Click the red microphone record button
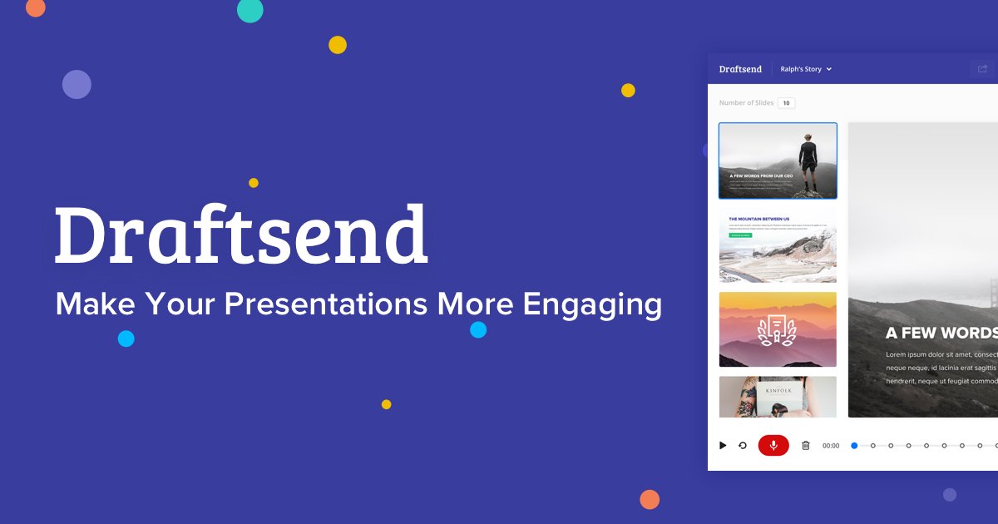pyautogui.click(x=773, y=445)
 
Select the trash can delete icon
pyautogui.click(x=805, y=446)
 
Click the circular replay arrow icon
pyautogui.click(x=743, y=446)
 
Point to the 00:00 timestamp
pyautogui.click(x=831, y=446)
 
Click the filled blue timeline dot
pyautogui.click(x=854, y=446)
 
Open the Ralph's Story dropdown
pyautogui.click(x=806, y=69)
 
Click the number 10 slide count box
pyautogui.click(x=786, y=103)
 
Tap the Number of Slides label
pyautogui.click(x=746, y=103)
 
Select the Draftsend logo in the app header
pyautogui.click(x=740, y=69)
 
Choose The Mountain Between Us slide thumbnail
pyautogui.click(x=778, y=247)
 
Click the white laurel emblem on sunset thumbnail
pyautogui.click(x=778, y=329)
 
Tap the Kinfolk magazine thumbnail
pyautogui.click(x=778, y=397)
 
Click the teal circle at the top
pyautogui.click(x=250, y=10)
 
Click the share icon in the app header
pyautogui.click(x=982, y=69)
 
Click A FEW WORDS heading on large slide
pyautogui.click(x=941, y=333)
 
